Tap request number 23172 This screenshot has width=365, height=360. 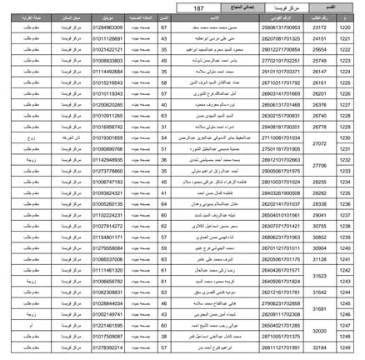pos(319,27)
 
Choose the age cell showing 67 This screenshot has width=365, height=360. pos(164,27)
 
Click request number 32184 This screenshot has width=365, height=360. pos(319,346)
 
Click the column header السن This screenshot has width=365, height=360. pos(164,17)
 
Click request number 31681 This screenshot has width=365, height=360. pos(319,307)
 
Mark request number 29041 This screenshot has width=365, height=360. pos(319,214)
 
